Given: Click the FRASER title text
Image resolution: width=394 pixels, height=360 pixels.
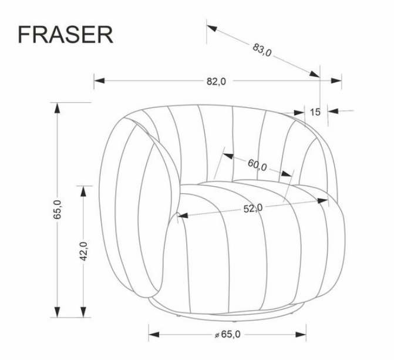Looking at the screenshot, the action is [x=66, y=35].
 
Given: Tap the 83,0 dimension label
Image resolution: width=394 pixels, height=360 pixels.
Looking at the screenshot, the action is [x=262, y=50].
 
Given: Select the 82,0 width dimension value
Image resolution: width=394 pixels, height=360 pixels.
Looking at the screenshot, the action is [x=216, y=81].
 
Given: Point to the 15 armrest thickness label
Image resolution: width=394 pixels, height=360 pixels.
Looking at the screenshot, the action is [x=315, y=112].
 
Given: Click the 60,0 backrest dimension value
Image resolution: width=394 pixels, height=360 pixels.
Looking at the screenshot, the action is [x=257, y=165].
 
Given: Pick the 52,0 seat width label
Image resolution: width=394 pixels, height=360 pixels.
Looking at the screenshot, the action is [x=253, y=208].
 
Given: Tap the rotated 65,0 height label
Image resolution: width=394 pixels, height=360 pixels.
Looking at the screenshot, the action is [x=58, y=210].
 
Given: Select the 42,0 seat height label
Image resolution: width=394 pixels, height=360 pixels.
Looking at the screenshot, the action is [x=83, y=251].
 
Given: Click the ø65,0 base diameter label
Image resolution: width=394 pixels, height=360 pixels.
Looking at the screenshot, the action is [x=227, y=334].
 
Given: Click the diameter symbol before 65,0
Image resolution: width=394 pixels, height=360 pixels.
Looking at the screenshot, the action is [x=217, y=335].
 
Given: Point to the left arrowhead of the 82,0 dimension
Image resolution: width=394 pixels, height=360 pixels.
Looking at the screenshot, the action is [x=99, y=80].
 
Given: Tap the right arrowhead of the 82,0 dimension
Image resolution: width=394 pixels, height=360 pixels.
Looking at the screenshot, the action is [x=336, y=80].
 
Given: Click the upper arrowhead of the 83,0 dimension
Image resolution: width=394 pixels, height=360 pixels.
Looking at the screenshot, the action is [x=212, y=28].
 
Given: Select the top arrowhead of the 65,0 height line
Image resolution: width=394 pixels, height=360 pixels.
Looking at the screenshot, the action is [x=58, y=108].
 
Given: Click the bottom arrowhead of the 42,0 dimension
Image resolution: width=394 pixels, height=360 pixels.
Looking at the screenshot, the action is [x=83, y=312].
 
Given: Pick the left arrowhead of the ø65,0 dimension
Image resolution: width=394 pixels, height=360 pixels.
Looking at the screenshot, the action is [x=154, y=335].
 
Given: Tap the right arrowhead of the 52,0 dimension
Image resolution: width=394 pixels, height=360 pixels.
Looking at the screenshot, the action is [x=322, y=201].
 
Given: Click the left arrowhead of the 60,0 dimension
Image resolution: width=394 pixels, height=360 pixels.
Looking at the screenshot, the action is [x=228, y=156].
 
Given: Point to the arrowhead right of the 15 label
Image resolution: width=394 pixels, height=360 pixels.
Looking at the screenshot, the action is [x=334, y=111].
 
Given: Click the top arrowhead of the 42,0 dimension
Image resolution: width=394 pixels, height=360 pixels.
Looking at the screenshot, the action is [x=83, y=191].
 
